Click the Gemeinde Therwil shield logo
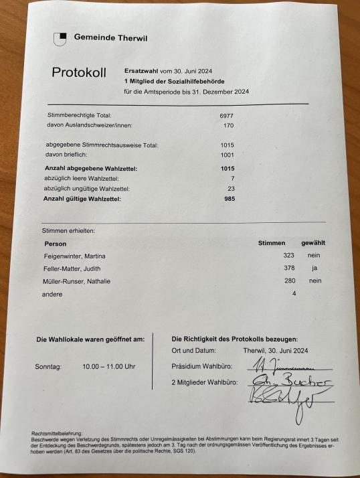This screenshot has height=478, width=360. [x=60, y=39]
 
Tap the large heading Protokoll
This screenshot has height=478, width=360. [x=79, y=73]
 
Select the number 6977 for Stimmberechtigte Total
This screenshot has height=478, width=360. [x=227, y=115]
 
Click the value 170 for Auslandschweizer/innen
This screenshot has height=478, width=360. [x=228, y=125]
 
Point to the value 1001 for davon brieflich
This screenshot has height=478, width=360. [x=228, y=155]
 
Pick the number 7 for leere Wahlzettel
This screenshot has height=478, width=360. [x=232, y=179]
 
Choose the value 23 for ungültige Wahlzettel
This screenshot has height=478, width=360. [x=231, y=189]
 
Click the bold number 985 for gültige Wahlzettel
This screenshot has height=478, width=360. [x=230, y=199]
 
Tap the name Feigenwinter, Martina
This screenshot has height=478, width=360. [x=74, y=256]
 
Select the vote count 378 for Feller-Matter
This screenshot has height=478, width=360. [x=289, y=268]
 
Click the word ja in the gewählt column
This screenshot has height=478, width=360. [x=314, y=268]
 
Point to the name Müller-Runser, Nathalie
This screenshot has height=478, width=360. [x=77, y=281]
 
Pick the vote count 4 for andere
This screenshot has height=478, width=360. [x=293, y=294]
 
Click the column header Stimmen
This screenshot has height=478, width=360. [x=272, y=243]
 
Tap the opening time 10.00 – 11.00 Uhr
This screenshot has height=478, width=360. [x=108, y=367]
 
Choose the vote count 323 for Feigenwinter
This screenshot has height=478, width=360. [x=289, y=256]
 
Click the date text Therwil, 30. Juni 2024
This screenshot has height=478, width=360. [x=276, y=350]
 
